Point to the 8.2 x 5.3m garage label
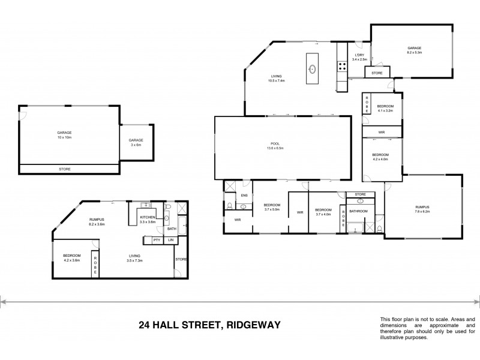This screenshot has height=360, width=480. click(x=414, y=50)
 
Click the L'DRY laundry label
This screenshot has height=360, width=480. click(x=359, y=57)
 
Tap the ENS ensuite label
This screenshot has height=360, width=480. click(x=244, y=195)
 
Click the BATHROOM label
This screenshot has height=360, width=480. click(x=358, y=211)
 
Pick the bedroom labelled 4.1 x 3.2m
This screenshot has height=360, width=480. click(x=384, y=109)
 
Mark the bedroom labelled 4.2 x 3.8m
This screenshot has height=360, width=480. click(x=71, y=258)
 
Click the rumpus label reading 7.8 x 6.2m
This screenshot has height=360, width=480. click(x=423, y=210)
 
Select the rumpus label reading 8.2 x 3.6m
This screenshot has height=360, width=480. click(x=97, y=222)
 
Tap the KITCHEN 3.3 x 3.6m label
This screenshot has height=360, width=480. click(x=148, y=219)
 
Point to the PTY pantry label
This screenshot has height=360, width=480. click(x=156, y=240)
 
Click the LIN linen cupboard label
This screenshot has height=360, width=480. click(x=171, y=240)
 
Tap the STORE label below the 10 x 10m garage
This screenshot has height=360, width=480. click(x=64, y=169)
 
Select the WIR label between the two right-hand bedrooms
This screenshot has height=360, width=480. click(x=382, y=132)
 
